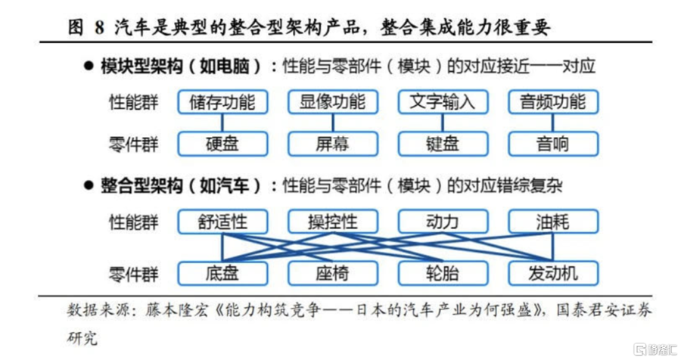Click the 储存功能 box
point(222,102)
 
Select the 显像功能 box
point(333,102)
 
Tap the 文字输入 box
point(443,102)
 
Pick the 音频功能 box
point(553,102)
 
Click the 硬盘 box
point(222,144)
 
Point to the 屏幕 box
point(333,144)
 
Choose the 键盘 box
point(443,144)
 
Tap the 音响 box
point(553,144)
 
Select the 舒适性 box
point(222,222)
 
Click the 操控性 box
point(333,222)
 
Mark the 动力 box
point(443,222)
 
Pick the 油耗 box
point(553,222)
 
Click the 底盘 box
point(222,273)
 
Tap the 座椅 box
point(333,273)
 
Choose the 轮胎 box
point(443,273)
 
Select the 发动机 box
point(553,273)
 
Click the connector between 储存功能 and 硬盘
point(222,123)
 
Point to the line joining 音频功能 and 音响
point(553,123)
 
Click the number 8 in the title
point(99,28)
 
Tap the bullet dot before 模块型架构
point(89,67)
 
